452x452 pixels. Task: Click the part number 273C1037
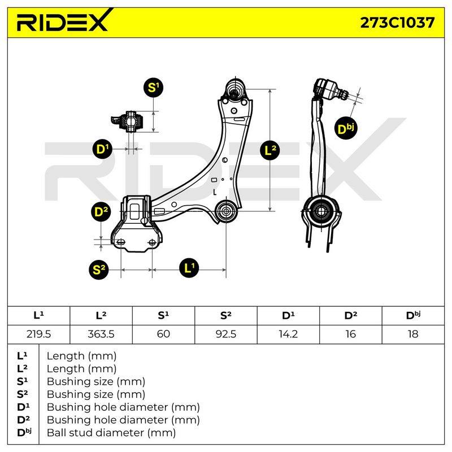pyautogui.click(x=397, y=23)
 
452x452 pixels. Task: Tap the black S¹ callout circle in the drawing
pyautogui.click(x=153, y=88)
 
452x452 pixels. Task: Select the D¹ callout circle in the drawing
pyautogui.click(x=102, y=149)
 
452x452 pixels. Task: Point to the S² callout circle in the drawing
pyautogui.click(x=99, y=270)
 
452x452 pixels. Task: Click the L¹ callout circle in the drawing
pyautogui.click(x=189, y=268)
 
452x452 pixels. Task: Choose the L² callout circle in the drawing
pyautogui.click(x=270, y=150)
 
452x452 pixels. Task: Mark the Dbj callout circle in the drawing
pyautogui.click(x=346, y=129)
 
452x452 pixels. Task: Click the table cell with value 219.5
pyautogui.click(x=38, y=334)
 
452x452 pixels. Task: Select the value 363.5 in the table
pyautogui.click(x=101, y=334)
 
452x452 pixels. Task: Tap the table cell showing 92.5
pyautogui.click(x=225, y=334)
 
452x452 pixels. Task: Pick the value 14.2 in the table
pyautogui.click(x=288, y=334)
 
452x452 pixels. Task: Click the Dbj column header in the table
pyautogui.click(x=413, y=315)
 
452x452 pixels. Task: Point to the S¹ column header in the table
pyautogui.click(x=163, y=315)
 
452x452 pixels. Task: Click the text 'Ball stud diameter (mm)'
pyautogui.click(x=111, y=433)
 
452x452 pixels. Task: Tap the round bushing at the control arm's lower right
pyautogui.click(x=226, y=211)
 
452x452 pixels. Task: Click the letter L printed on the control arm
pyautogui.click(x=215, y=192)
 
